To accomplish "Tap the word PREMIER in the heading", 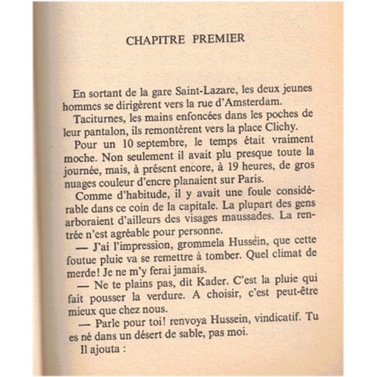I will click(x=225, y=39).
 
